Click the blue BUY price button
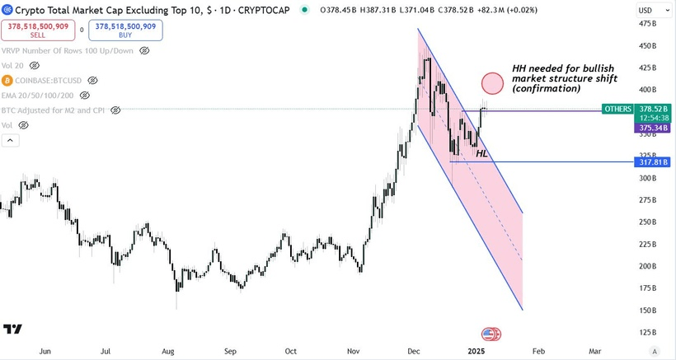pyautogui.click(x=127, y=30)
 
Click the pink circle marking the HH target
pyautogui.click(x=492, y=82)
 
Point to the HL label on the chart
pyautogui.click(x=481, y=153)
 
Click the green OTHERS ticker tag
pyautogui.click(x=617, y=109)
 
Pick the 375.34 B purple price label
pyautogui.click(x=652, y=128)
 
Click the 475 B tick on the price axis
pyautogui.click(x=647, y=23)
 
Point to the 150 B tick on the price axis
pyautogui.click(x=647, y=311)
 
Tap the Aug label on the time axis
pyautogui.click(x=167, y=351)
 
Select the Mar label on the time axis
pyautogui.click(x=594, y=351)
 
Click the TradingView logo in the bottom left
pyautogui.click(x=12, y=330)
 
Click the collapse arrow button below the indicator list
pyautogui.click(x=11, y=141)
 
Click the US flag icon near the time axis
pyautogui.click(x=491, y=334)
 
